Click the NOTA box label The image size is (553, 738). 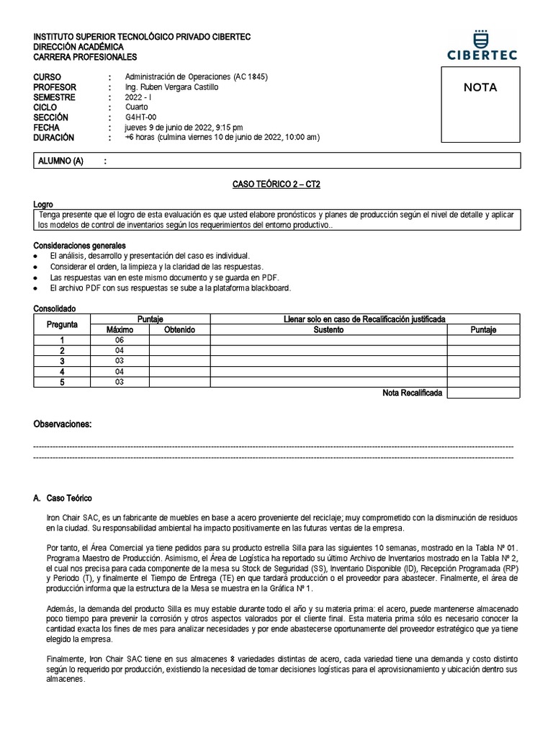480,88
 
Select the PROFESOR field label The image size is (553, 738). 55,87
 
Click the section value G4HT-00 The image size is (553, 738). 140,117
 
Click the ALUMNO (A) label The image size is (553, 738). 60,161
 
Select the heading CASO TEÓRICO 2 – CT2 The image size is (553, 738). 276,185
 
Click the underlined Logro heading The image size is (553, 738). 43,205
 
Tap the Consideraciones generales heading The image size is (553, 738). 79,246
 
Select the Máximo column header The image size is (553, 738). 120,330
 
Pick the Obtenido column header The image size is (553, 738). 179,330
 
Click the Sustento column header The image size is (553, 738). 328,330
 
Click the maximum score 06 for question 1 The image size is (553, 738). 120,340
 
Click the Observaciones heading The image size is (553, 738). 63,424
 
